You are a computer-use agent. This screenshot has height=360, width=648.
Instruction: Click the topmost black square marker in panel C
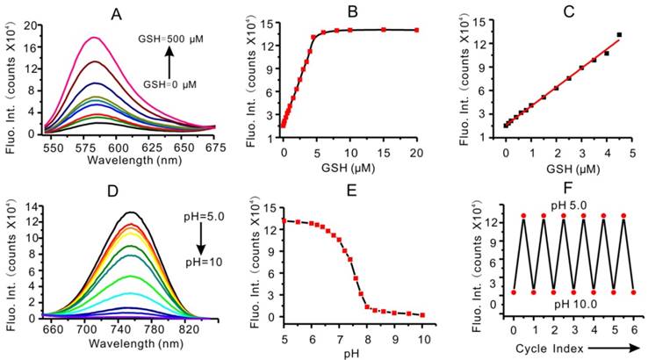pyautogui.click(x=619, y=35)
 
